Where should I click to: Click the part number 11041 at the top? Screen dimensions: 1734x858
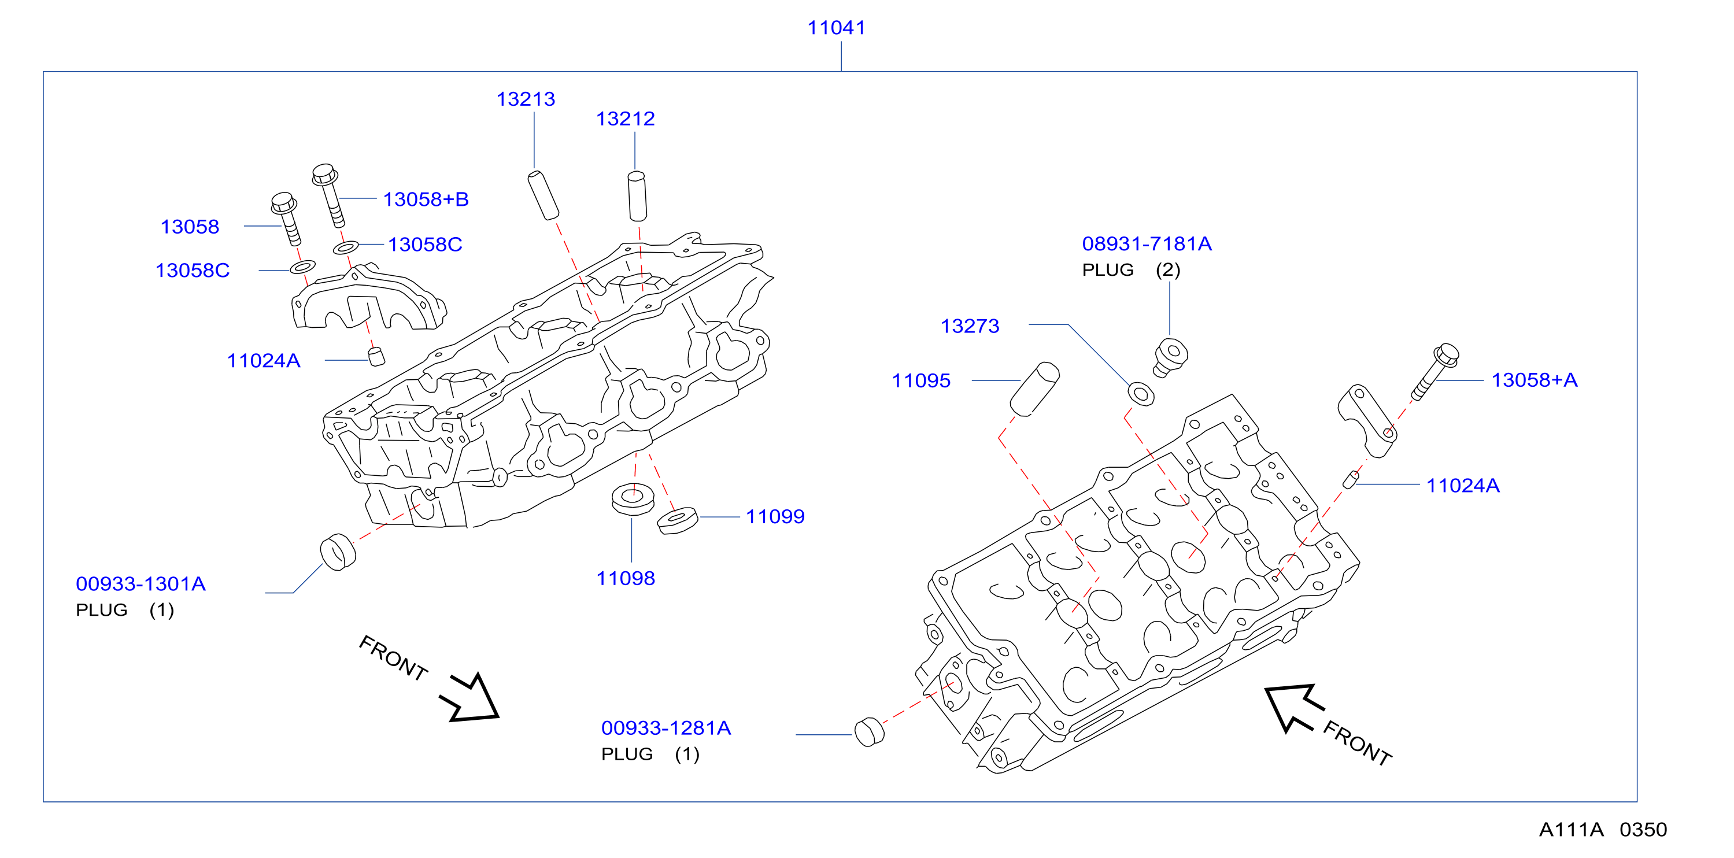click(836, 28)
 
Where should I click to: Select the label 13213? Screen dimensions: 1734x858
click(526, 99)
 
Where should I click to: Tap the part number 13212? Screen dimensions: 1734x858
click(626, 119)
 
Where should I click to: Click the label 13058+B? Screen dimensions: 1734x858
click(426, 199)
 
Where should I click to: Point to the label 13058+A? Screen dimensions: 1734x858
click(1534, 380)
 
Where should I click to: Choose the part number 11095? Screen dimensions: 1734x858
click(921, 381)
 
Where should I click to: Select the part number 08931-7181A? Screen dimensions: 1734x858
click(1147, 243)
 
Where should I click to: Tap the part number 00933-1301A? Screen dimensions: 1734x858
click(141, 583)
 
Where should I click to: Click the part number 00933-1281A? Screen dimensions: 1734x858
click(665, 727)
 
